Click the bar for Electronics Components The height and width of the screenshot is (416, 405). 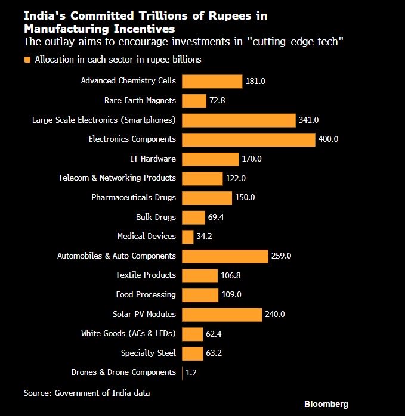click(248, 139)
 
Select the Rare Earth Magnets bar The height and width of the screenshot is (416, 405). click(194, 101)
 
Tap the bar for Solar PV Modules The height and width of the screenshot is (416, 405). click(222, 314)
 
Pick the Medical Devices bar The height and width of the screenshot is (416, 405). click(187, 237)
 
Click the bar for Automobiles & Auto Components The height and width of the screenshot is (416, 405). click(225, 256)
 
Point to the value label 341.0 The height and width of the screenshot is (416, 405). click(308, 120)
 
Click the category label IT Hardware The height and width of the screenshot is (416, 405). click(153, 159)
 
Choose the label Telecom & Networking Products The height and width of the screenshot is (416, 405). click(117, 178)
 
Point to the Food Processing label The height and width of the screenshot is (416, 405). click(146, 294)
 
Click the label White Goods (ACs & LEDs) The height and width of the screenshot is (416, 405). click(128, 333)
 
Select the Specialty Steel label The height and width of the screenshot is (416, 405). click(148, 353)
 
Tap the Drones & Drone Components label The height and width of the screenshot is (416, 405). click(123, 372)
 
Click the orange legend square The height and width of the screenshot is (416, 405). click(27, 60)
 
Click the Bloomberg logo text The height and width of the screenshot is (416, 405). click(326, 404)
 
